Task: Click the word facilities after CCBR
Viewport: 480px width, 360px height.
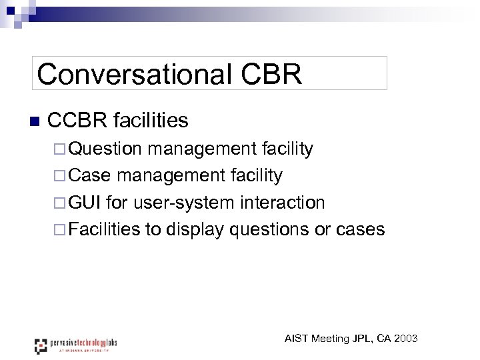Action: (151, 121)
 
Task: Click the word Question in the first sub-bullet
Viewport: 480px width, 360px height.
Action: (105, 149)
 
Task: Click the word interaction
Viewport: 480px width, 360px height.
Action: (285, 202)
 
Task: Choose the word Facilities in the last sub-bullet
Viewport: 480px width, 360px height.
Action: (105, 229)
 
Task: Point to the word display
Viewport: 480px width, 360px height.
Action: (195, 229)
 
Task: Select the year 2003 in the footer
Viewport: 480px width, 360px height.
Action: (406, 339)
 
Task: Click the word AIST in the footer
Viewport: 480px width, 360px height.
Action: (297, 339)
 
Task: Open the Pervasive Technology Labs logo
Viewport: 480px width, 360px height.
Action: (76, 345)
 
